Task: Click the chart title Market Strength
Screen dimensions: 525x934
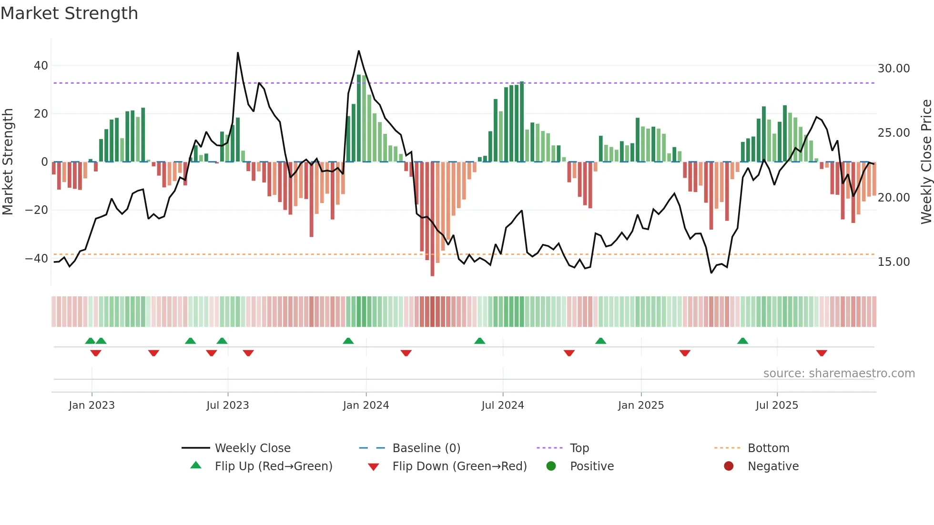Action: pyautogui.click(x=69, y=13)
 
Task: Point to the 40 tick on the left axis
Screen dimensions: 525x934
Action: pyautogui.click(x=41, y=66)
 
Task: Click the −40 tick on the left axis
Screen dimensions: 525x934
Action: pyautogui.click(x=37, y=259)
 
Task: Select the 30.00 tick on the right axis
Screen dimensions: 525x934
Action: pyautogui.click(x=893, y=69)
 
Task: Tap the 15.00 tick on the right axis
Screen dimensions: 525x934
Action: pyautogui.click(x=893, y=262)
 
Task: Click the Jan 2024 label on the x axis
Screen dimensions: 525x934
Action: pyautogui.click(x=365, y=405)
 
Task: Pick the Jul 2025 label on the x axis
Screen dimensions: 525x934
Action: pyautogui.click(x=776, y=405)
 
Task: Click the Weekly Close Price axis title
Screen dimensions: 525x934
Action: pyautogui.click(x=926, y=162)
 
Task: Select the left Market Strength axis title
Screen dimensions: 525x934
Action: pyautogui.click(x=8, y=162)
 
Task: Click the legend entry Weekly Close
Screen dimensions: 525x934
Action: pyautogui.click(x=252, y=448)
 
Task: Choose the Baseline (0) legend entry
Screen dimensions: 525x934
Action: pyautogui.click(x=426, y=448)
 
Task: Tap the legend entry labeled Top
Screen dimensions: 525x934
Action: pyautogui.click(x=579, y=448)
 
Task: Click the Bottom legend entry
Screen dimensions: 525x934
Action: pyautogui.click(x=768, y=448)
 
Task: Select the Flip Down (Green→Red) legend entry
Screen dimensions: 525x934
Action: pyautogui.click(x=459, y=466)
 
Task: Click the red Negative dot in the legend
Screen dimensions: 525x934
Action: pyautogui.click(x=729, y=466)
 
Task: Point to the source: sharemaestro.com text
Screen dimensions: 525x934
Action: pyautogui.click(x=839, y=374)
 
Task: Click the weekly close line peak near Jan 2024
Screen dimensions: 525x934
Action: pyautogui.click(x=359, y=51)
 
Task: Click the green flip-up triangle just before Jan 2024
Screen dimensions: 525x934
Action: pyautogui.click(x=348, y=341)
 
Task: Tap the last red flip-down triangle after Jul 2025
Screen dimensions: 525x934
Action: pyautogui.click(x=821, y=353)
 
